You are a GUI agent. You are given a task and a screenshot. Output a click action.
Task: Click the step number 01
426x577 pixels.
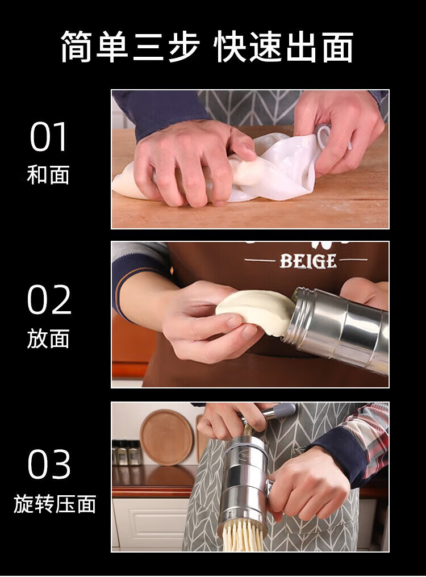click(x=49, y=137)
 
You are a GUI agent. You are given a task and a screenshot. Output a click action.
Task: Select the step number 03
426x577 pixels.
click(x=49, y=464)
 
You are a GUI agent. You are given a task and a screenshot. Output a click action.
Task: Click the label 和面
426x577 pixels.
click(x=48, y=175)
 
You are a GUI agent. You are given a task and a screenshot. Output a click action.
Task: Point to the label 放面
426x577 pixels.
click(x=48, y=338)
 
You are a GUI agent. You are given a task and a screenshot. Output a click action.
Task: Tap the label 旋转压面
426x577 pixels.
click(x=55, y=504)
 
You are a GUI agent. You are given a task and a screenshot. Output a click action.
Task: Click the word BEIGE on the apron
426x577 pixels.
click(x=308, y=261)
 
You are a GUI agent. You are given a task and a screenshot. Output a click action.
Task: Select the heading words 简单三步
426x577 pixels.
click(x=130, y=47)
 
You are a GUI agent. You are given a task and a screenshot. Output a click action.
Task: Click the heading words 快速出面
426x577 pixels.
click(x=283, y=47)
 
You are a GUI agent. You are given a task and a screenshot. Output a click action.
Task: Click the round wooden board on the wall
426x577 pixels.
click(x=167, y=438)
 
